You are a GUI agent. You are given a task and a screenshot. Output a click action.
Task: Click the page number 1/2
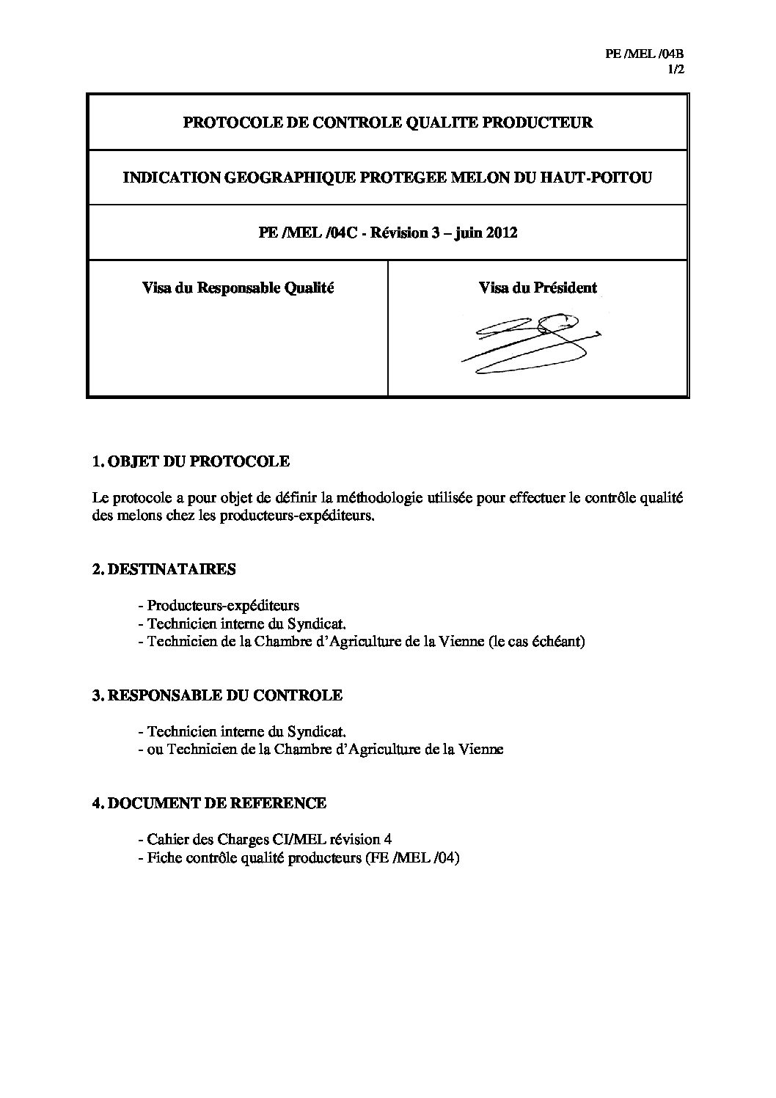[676, 70]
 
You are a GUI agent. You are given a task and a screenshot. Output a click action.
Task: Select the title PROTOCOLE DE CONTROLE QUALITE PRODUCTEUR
[387, 122]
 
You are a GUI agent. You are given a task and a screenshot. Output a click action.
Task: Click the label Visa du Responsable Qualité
[238, 288]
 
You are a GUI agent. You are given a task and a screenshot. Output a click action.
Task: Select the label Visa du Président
[538, 288]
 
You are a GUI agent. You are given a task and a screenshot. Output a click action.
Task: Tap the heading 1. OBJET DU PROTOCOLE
[191, 461]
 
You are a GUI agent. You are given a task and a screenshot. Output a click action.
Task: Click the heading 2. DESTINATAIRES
[164, 569]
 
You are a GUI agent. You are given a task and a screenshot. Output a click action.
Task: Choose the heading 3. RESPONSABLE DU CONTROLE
[217, 695]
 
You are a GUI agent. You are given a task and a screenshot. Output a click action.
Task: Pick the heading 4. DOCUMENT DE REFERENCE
[209, 803]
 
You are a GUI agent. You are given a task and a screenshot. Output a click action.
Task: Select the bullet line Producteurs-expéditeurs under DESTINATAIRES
[219, 607]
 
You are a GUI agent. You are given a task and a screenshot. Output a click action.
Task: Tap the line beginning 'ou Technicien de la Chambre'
[321, 750]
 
